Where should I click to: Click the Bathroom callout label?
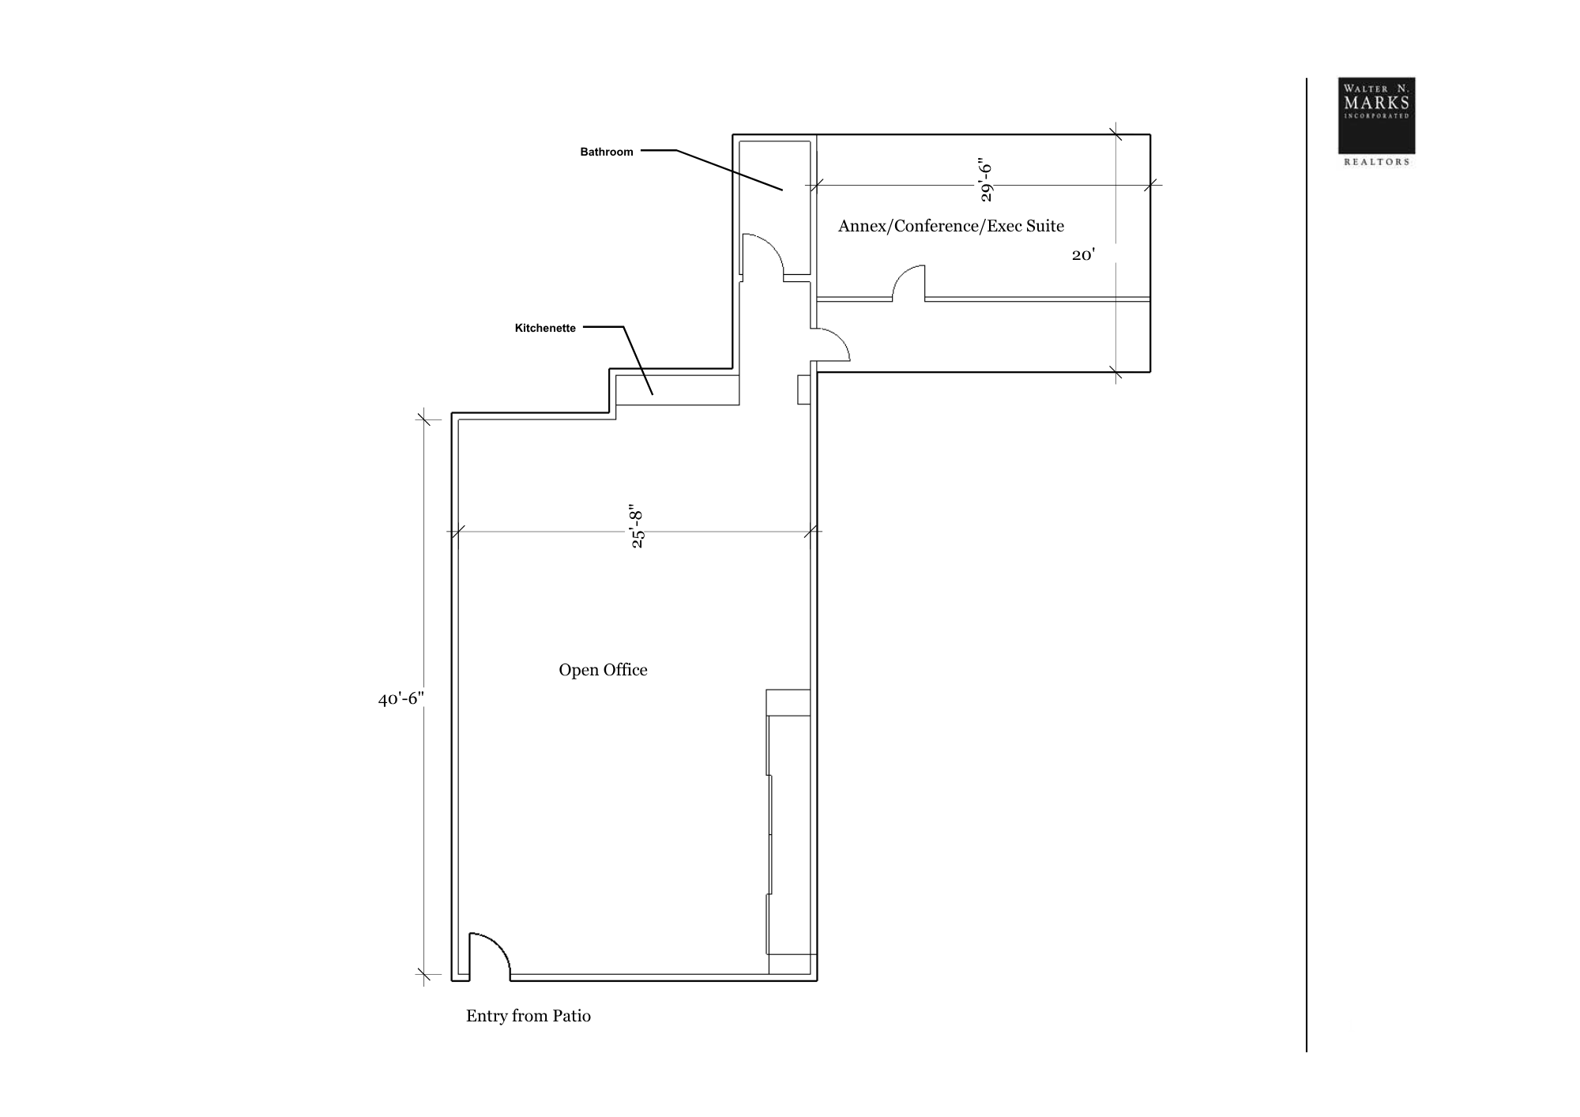607,152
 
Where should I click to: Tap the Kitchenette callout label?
545,328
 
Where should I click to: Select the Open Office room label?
603,670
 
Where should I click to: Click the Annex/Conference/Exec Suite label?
951,226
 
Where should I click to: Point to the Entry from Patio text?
529,1016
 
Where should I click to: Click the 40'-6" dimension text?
401,699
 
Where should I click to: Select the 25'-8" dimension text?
637,526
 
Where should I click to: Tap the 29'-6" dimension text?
985,181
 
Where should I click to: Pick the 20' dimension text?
1083,254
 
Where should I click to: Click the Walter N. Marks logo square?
1376,115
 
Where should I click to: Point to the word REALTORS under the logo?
1377,162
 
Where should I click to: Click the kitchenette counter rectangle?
677,390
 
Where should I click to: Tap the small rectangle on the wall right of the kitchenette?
804,389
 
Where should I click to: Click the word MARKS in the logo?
1376,103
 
